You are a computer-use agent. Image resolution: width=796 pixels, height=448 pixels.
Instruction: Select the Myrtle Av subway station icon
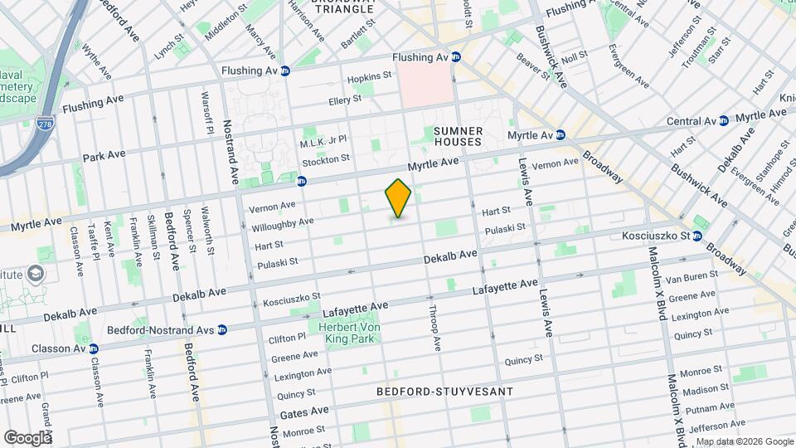[x=561, y=134]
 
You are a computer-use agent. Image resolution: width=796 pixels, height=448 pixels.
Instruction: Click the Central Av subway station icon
[x=723, y=120]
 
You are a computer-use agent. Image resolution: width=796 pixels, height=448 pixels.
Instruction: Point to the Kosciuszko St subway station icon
[x=697, y=236]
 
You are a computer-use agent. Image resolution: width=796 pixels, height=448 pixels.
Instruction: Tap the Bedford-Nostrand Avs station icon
[x=222, y=329]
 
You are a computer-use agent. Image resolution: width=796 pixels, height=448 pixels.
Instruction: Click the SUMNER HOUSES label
[x=458, y=137]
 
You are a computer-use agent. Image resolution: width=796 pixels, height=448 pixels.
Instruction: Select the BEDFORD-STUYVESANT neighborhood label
[x=444, y=391]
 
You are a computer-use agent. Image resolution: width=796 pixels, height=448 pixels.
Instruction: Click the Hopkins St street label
[x=369, y=76]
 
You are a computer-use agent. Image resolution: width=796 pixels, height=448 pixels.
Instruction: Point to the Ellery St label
[x=346, y=99]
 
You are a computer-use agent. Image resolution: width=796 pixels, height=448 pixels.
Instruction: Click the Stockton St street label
[x=326, y=157]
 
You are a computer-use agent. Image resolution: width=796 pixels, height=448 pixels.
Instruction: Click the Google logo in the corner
[x=27, y=437]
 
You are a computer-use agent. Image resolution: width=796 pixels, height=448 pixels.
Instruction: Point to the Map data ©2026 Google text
[x=743, y=441]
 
